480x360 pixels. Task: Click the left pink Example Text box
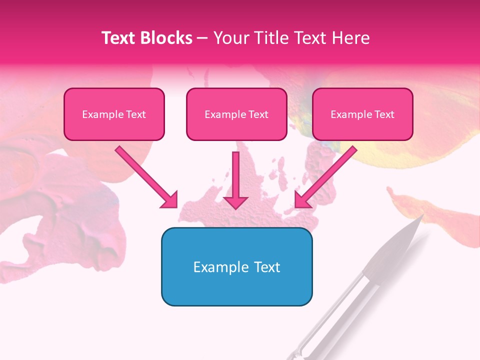tap(114, 114)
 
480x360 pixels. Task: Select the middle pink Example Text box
tap(236, 114)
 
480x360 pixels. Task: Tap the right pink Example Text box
tap(362, 114)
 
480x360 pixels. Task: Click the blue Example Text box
tap(236, 266)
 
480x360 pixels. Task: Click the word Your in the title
tap(229, 38)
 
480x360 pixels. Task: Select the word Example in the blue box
tap(218, 267)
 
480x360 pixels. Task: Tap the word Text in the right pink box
tap(384, 114)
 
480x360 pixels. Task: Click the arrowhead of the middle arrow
tap(235, 202)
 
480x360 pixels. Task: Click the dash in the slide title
tap(202, 38)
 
